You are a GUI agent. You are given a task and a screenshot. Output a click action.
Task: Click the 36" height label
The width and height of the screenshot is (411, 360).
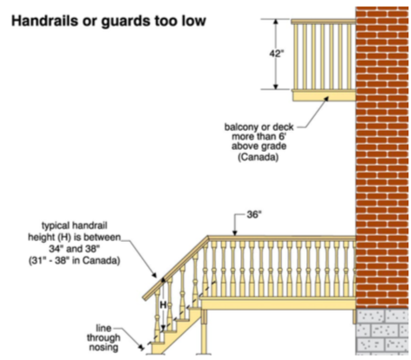point(254,214)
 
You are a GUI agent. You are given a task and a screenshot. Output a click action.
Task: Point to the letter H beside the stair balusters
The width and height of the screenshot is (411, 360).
point(163,304)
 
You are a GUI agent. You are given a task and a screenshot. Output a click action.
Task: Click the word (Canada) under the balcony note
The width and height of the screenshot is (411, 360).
point(258,157)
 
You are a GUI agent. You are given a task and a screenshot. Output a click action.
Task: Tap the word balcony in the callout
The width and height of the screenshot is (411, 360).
point(239,128)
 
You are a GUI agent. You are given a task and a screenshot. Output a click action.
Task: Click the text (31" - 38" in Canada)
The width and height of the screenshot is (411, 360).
point(75,260)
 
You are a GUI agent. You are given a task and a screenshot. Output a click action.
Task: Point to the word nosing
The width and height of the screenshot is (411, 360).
point(103,347)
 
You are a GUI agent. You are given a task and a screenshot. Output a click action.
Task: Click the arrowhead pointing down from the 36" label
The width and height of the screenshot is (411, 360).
point(235,232)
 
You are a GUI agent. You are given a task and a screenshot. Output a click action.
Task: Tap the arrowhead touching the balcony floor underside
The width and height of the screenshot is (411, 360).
point(326,99)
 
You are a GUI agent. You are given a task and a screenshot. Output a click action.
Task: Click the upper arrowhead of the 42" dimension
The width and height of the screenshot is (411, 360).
point(276,23)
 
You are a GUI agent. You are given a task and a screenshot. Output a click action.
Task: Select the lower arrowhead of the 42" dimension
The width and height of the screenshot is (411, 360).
point(276,86)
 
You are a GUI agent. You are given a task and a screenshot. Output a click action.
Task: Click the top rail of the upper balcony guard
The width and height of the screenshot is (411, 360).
point(323,22)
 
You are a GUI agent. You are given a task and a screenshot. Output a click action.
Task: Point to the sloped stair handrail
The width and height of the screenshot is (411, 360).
point(175,268)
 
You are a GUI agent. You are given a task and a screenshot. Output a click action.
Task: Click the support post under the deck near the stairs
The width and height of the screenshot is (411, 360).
point(205,331)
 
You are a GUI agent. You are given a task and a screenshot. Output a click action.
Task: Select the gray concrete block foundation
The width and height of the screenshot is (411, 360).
point(382,331)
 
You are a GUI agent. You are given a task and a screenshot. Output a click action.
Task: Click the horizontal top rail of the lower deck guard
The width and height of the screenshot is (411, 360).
point(282,239)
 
